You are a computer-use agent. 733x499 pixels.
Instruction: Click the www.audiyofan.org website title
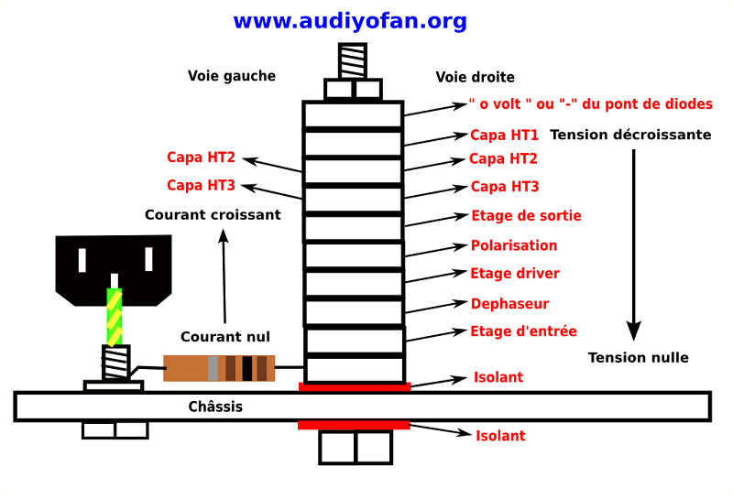pos(349,21)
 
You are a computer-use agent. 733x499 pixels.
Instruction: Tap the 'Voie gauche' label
pos(232,76)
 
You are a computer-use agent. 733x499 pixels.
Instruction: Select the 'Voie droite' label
pos(475,77)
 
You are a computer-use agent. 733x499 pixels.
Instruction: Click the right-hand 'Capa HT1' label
pos(504,135)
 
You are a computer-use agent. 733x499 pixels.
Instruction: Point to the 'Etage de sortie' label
pos(526,216)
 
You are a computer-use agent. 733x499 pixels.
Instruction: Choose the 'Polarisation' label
pos(514,245)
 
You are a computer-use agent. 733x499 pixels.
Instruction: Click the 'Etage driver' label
pos(514,273)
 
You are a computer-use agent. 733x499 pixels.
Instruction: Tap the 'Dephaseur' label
pos(509,303)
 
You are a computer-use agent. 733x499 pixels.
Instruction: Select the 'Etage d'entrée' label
pos(523,331)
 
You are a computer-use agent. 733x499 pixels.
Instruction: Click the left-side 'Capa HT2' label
pos(201,157)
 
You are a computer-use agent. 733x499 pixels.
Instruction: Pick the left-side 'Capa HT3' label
pos(201,185)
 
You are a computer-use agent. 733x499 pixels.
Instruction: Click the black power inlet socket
pos(115,266)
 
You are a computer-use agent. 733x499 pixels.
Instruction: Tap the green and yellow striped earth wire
pos(115,317)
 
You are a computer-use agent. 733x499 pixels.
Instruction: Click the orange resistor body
pos(218,368)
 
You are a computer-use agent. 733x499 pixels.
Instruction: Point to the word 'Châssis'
pos(215,406)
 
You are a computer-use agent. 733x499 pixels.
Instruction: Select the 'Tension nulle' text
pos(638,357)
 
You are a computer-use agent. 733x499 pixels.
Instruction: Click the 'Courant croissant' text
pos(213,214)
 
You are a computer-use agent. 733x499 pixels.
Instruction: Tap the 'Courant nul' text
pos(225,337)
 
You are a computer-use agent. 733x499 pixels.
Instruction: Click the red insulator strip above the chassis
pos(355,387)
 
